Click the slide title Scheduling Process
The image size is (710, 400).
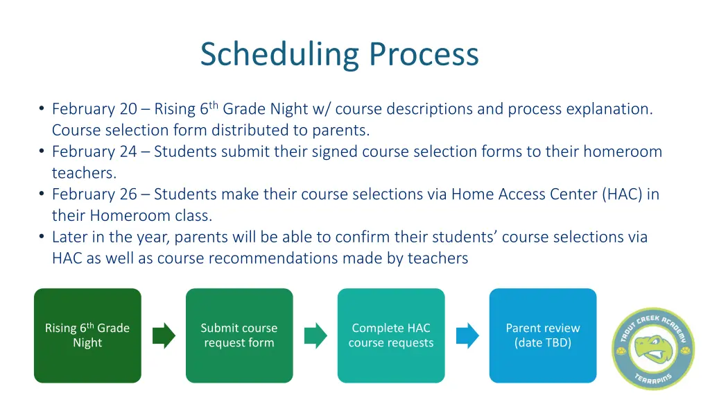339,54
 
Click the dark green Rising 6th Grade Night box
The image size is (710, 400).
87,335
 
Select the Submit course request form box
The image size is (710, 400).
239,335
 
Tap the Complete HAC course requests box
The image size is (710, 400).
391,335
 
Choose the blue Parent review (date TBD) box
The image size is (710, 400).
543,335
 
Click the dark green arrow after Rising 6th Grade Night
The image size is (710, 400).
164,335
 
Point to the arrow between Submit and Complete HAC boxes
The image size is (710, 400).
315,335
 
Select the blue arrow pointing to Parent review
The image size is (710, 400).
467,335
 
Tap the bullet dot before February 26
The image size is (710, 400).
42,194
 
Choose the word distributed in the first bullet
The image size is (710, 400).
253,130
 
